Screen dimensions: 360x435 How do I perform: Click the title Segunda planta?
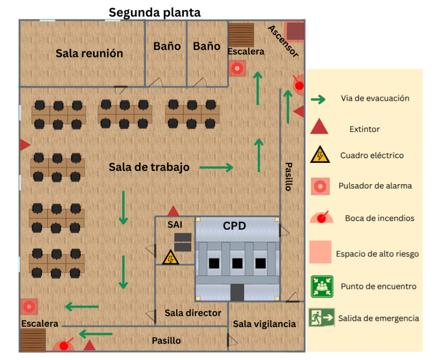[x=155, y=12]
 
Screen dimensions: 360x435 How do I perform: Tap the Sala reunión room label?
[x=89, y=53]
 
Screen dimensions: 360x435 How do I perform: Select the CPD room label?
[x=235, y=225]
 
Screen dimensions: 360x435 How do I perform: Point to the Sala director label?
[x=193, y=313]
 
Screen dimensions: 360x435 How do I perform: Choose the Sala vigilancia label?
[x=264, y=324]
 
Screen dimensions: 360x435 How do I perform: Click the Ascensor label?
[x=283, y=42]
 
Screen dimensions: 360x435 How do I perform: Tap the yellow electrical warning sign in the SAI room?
[x=170, y=257]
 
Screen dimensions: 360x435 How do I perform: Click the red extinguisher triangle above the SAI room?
[x=173, y=211]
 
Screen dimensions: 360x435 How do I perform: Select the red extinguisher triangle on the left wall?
[x=24, y=144]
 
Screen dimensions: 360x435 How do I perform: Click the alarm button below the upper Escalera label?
[x=237, y=69]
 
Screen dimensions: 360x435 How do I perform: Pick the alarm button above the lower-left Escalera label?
[x=29, y=306]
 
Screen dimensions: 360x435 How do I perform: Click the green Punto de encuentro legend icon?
[x=321, y=286]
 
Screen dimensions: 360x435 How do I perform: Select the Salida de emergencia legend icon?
[x=321, y=318]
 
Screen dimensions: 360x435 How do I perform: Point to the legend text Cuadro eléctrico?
[x=372, y=155]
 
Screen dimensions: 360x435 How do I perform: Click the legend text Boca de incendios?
[x=379, y=218]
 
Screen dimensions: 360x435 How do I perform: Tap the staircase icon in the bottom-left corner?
[x=33, y=339]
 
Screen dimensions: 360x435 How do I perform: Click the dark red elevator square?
[x=295, y=31]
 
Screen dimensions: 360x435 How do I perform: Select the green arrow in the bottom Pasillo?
[x=96, y=333]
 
